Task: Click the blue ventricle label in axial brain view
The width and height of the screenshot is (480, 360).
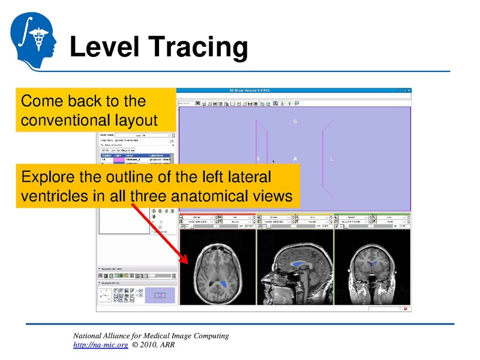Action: pos(223,281)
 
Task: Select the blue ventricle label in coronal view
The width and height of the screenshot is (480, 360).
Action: pos(373,263)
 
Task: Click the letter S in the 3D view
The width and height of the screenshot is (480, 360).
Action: pos(295,122)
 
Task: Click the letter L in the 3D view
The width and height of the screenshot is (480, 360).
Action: pos(332,159)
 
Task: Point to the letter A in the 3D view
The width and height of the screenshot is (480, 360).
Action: pos(295,159)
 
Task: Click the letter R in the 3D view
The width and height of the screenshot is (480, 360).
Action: pos(258,159)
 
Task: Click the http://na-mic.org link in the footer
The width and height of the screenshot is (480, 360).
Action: pos(100,346)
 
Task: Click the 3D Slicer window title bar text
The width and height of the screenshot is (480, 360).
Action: pos(254,91)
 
